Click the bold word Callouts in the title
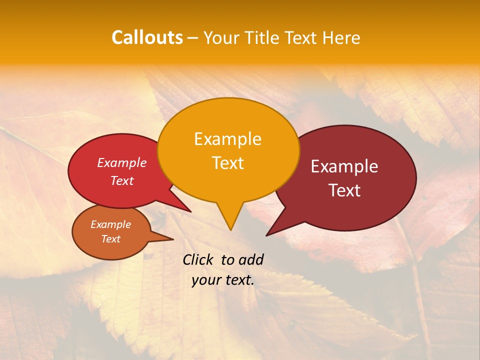(x=147, y=37)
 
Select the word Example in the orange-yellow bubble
(x=227, y=139)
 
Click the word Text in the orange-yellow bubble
(x=227, y=162)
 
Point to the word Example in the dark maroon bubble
(x=344, y=166)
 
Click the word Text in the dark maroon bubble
(x=344, y=190)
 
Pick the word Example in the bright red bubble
(x=122, y=162)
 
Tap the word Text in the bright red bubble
(x=122, y=180)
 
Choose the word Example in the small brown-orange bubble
(x=110, y=224)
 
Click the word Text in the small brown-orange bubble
(x=110, y=239)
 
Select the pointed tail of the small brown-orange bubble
(x=170, y=239)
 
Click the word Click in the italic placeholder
(x=199, y=259)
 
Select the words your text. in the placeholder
(x=223, y=280)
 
